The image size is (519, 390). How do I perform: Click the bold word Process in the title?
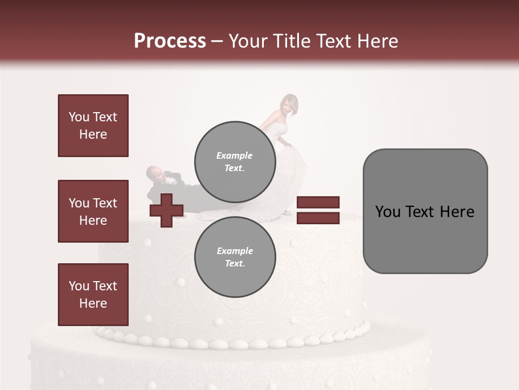click(170, 41)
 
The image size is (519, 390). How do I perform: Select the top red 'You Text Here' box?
click(93, 126)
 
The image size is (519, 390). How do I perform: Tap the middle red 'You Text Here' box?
click(93, 211)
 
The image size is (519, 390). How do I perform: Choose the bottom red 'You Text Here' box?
click(93, 295)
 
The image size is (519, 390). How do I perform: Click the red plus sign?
click(167, 210)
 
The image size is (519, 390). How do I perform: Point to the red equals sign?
click(318, 210)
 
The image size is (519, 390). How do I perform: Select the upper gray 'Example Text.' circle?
click(235, 161)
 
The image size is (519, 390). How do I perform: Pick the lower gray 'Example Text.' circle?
click(235, 257)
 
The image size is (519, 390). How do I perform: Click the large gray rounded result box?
click(425, 211)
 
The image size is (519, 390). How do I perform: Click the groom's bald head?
click(154, 173)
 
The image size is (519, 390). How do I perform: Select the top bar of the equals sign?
click(318, 203)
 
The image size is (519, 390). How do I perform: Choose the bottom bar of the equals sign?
click(318, 218)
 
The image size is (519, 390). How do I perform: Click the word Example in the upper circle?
click(234, 155)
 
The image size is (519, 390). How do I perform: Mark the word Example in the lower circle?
click(235, 251)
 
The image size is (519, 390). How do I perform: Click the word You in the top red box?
click(78, 117)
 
